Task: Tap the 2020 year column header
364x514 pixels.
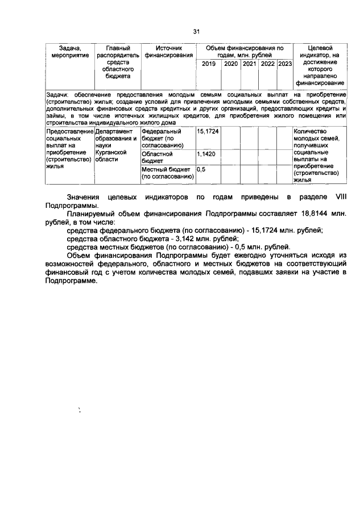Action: pos(231,64)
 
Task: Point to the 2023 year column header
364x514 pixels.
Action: pos(284,64)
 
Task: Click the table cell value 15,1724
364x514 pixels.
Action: pos(208,131)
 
